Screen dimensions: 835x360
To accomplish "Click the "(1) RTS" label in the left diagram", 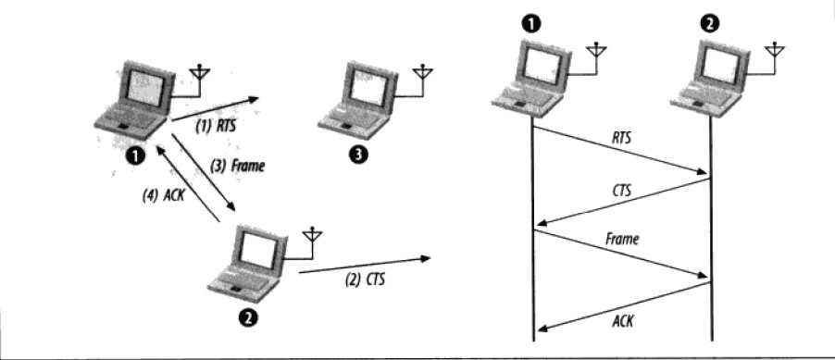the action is click(215, 127).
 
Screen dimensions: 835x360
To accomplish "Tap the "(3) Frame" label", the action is click(237, 167).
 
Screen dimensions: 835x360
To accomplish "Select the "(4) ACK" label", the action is click(163, 195).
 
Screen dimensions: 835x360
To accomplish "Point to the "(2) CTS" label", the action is click(365, 279).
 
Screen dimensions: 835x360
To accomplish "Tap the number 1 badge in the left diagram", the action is click(136, 156).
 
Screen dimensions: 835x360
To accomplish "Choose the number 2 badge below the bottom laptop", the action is click(249, 318).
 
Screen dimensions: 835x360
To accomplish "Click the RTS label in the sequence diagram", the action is click(621, 138).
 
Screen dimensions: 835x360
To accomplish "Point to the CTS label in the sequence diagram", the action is click(621, 190).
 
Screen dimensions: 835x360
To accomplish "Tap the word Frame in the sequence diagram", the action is click(622, 240).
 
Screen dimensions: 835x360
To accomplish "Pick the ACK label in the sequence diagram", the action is click(622, 321).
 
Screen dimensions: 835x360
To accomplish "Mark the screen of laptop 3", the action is click(369, 88).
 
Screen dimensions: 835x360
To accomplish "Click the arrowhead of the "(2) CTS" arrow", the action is click(425, 259).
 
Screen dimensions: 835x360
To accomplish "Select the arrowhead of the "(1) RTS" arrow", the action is click(254, 99).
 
